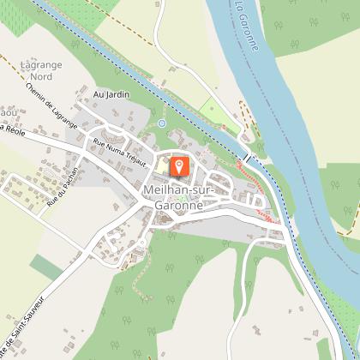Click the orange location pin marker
pos(179,165)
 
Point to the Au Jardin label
pos(111,94)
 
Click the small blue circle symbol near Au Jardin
pos(160,123)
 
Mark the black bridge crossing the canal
pos(246,159)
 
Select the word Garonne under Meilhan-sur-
pos(179,205)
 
